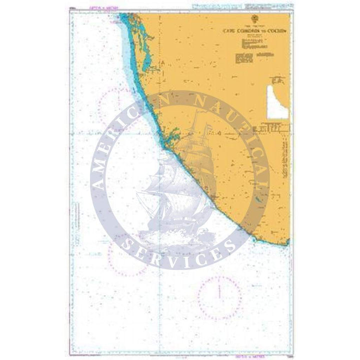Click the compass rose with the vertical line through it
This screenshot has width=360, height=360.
pyautogui.click(x=219, y=295)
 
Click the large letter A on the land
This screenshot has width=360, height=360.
pyautogui.click(x=162, y=62)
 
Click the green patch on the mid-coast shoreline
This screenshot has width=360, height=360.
pyautogui.click(x=173, y=135)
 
